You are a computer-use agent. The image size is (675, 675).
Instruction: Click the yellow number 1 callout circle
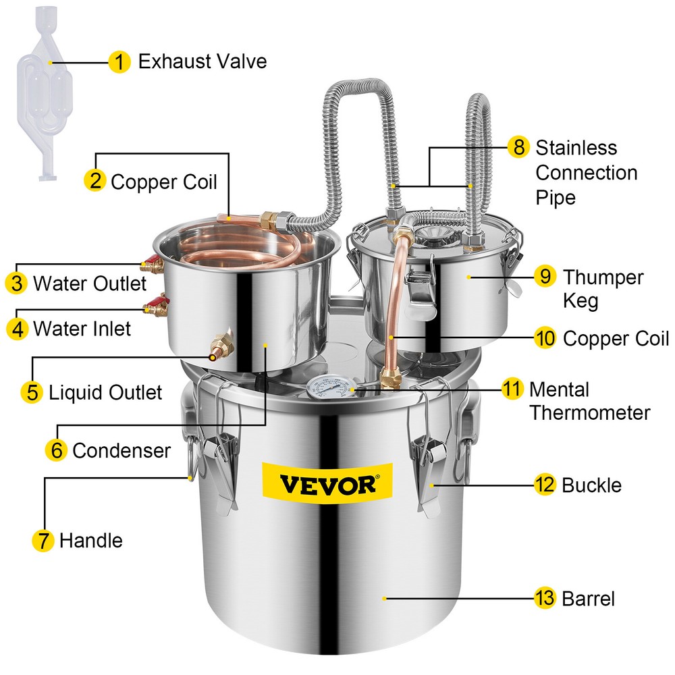(x=119, y=62)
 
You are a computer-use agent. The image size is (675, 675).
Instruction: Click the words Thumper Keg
(x=603, y=288)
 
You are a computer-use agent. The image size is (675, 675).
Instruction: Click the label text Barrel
(x=588, y=598)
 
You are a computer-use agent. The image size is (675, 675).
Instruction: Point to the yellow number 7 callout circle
(x=42, y=540)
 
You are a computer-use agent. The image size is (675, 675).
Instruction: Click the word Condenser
(x=122, y=450)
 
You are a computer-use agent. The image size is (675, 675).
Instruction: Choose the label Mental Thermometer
(x=589, y=400)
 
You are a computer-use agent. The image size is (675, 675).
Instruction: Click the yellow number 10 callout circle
(x=545, y=338)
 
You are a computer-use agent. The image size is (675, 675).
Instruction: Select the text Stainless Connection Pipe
(x=585, y=172)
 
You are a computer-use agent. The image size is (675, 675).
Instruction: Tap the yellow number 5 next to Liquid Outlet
(x=32, y=392)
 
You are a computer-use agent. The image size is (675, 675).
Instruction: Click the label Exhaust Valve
(x=202, y=62)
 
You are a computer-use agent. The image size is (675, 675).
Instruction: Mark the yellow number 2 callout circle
(x=94, y=181)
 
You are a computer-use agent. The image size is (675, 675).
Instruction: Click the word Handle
(x=91, y=540)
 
